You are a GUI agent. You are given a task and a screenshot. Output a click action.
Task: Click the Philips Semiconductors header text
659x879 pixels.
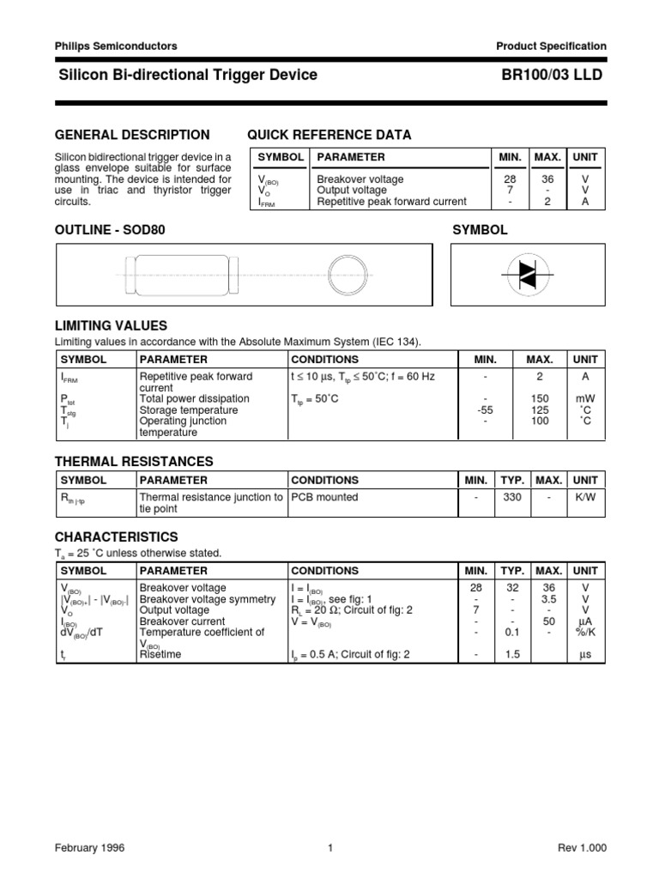pos(116,46)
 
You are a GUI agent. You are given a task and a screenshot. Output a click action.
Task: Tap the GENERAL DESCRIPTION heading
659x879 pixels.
pos(132,135)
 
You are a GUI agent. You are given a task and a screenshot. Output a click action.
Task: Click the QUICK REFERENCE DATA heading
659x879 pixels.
pos(329,135)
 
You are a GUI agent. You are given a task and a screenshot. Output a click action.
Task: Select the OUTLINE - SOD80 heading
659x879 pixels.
pos(109,231)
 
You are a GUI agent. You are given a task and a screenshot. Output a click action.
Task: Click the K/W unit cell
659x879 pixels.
pos(586,497)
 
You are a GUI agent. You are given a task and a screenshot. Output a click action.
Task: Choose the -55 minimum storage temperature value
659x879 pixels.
pos(486,410)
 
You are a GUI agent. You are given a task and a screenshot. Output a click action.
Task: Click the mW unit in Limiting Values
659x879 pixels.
pos(586,399)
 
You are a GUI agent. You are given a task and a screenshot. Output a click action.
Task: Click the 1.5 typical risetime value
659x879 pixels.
pos(512,654)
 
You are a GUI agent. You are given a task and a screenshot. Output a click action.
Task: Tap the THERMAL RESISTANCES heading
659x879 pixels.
pos(134,462)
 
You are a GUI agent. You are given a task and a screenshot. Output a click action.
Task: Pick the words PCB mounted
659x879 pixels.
pos(324,497)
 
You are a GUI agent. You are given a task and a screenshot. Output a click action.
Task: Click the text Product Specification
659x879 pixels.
pos(551,46)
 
